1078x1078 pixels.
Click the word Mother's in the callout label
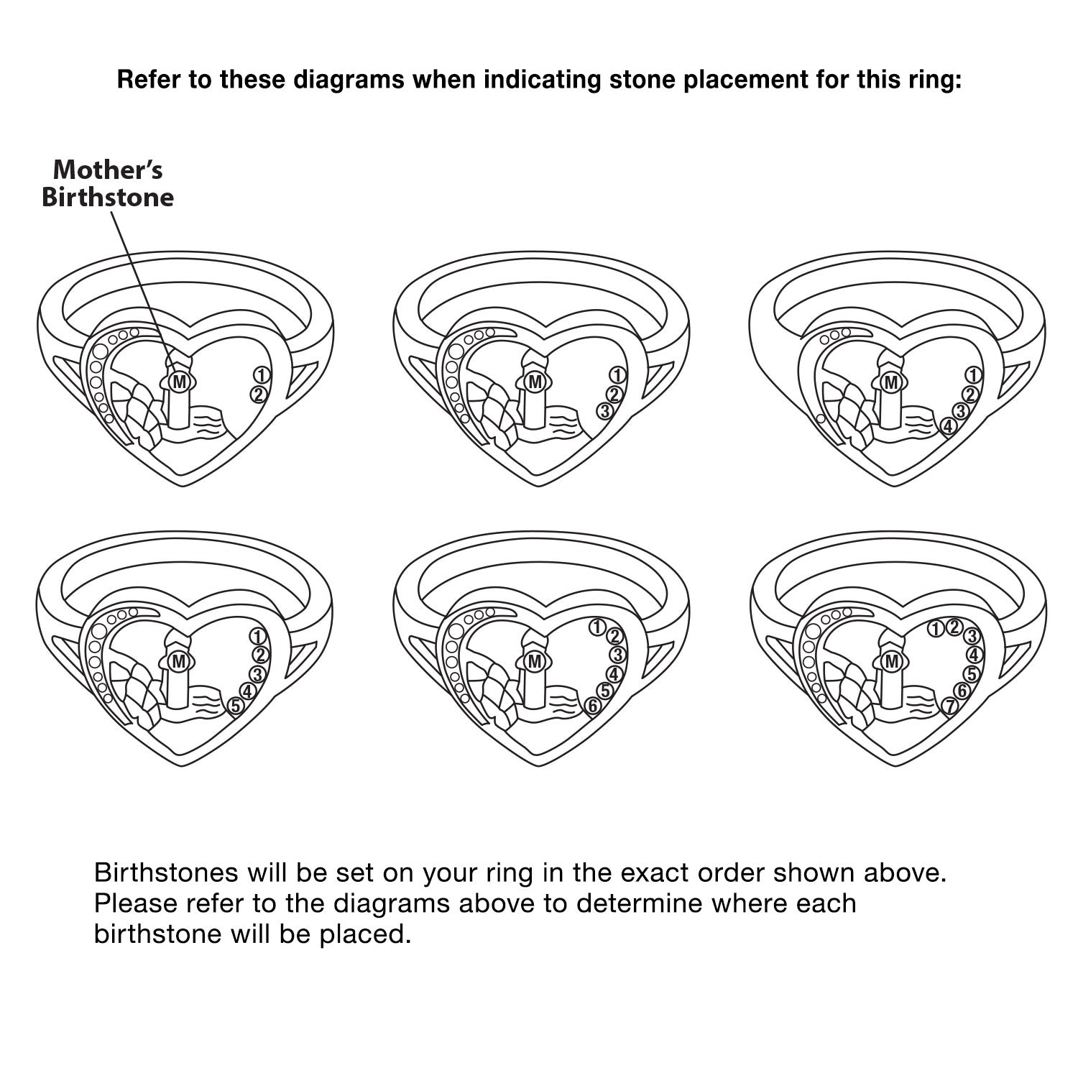(x=108, y=170)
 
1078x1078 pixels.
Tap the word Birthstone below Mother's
(x=108, y=197)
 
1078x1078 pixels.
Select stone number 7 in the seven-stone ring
(x=950, y=706)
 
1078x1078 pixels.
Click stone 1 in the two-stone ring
(x=261, y=374)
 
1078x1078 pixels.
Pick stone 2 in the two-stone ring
(x=259, y=394)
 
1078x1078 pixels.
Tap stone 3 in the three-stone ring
(x=605, y=411)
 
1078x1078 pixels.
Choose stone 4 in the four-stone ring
(x=949, y=426)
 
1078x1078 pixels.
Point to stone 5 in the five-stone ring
(x=235, y=707)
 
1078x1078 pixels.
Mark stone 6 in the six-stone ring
(x=592, y=706)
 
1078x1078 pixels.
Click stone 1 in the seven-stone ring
(x=936, y=630)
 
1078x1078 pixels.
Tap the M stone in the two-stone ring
(x=180, y=382)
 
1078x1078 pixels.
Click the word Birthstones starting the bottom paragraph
(x=167, y=873)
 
